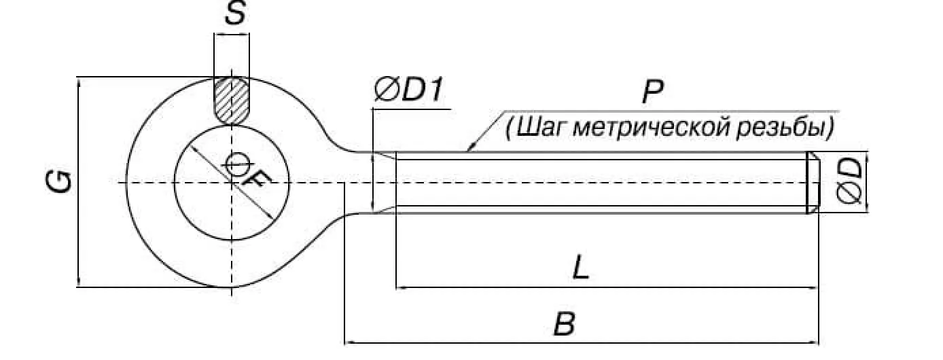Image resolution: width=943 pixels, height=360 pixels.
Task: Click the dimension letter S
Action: coord(234,14)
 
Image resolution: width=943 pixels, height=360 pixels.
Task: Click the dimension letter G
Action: coord(60,181)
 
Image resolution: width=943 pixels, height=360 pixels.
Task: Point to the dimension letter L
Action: coord(580,269)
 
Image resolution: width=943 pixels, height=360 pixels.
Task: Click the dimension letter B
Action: coord(564,325)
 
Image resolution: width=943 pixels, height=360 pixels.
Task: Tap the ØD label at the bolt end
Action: coord(851,182)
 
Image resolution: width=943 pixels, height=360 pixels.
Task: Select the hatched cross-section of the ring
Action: coord(232,101)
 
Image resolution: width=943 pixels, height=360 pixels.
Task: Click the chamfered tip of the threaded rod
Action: coord(813,183)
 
